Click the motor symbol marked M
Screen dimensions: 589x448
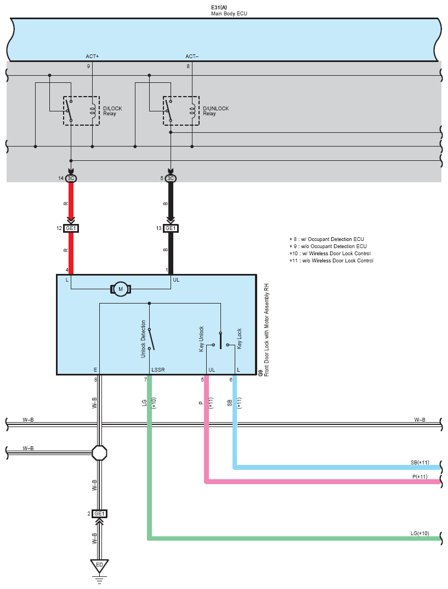click(x=121, y=289)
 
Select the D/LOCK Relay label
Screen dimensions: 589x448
click(x=112, y=111)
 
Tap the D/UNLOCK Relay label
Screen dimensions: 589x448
click(x=216, y=111)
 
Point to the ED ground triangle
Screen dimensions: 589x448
click(x=99, y=565)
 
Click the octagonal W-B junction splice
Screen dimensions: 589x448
click(x=99, y=453)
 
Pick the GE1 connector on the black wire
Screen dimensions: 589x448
click(x=171, y=228)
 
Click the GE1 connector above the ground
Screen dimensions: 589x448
click(x=99, y=514)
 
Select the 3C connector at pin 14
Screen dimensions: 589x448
click(x=71, y=178)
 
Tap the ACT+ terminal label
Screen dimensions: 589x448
click(x=92, y=57)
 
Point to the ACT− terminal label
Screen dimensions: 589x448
click(x=192, y=57)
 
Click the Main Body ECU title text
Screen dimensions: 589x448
click(x=229, y=13)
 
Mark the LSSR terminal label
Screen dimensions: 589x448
click(x=158, y=370)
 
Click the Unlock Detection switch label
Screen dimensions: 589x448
click(x=144, y=339)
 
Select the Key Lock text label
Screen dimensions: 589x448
click(x=239, y=339)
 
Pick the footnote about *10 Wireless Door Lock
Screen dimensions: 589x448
click(x=330, y=254)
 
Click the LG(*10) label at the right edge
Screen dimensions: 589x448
click(x=419, y=534)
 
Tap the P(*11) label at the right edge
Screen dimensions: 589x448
click(x=421, y=476)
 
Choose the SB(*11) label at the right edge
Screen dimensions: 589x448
click(x=419, y=462)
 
